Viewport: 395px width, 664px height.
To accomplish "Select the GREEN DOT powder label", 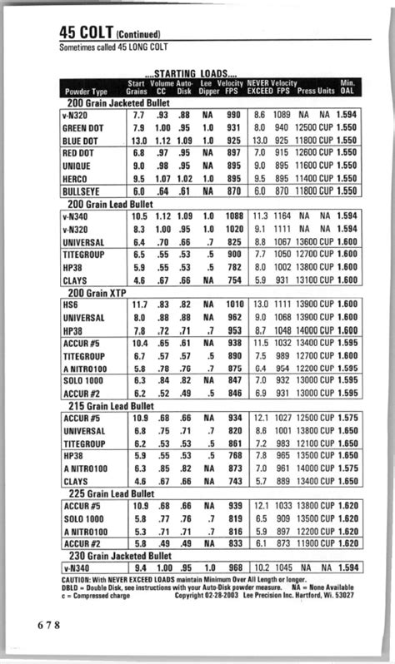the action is pyautogui.click(x=83, y=129).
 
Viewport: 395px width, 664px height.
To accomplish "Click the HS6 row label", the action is pyautogui.click(x=71, y=306).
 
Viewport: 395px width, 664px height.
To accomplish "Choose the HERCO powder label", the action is pyautogui.click(x=76, y=179).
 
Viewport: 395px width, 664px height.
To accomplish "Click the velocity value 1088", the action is pyautogui.click(x=233, y=216).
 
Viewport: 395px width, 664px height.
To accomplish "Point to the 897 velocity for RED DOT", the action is pyautogui.click(x=234, y=154).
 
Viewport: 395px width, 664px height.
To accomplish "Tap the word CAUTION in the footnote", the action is pyautogui.click(x=76, y=579).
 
